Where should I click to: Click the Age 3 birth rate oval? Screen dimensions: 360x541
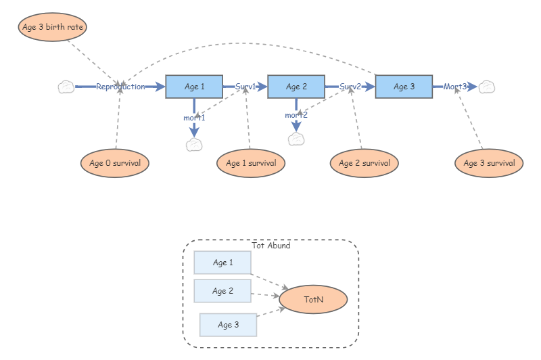52,27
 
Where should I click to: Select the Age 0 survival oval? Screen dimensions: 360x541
114,163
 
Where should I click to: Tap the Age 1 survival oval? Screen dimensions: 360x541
251,163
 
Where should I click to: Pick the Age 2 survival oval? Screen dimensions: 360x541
364,163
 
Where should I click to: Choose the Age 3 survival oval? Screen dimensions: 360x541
489,163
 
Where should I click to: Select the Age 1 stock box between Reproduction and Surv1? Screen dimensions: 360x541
194,87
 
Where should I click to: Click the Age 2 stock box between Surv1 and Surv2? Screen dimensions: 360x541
296,87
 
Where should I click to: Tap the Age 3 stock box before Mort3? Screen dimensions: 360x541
404,87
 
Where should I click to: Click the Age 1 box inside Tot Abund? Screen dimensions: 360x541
222,263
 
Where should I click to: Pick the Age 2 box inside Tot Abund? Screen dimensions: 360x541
222,291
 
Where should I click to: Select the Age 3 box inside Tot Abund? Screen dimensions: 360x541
228,325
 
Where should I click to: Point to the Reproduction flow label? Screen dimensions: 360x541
120,87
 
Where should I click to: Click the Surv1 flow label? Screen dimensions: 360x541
245,87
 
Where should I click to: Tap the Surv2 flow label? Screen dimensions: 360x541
350,87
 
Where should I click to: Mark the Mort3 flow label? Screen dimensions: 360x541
454,87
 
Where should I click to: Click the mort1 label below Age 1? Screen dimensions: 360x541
194,118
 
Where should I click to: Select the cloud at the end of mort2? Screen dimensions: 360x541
296,139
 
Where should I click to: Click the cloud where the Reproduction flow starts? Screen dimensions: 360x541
66,87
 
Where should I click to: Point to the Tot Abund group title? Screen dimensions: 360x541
270,246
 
